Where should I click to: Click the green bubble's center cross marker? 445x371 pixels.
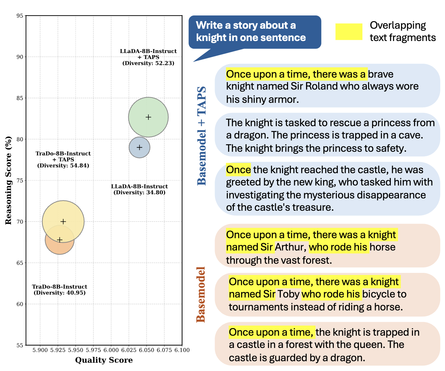[x=148, y=117]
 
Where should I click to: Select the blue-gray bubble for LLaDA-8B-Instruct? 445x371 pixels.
[x=139, y=147]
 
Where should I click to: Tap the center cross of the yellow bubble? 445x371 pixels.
[x=63, y=221]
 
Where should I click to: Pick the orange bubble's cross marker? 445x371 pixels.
[x=60, y=240]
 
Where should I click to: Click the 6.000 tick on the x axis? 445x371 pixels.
[x=111, y=350]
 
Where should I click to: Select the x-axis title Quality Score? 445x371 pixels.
[x=104, y=360]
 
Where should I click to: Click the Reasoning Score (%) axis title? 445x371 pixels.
[x=8, y=180]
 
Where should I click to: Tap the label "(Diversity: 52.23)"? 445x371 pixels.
[x=148, y=63]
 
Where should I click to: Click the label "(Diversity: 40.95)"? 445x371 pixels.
[x=60, y=293]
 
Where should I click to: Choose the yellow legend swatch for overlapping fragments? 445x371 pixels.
[x=349, y=32]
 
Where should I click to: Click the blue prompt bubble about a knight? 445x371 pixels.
[x=254, y=32]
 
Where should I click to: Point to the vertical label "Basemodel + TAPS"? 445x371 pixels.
[x=202, y=136]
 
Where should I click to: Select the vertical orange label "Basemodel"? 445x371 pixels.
[x=201, y=294]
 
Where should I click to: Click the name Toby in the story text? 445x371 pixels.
[x=288, y=294]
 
